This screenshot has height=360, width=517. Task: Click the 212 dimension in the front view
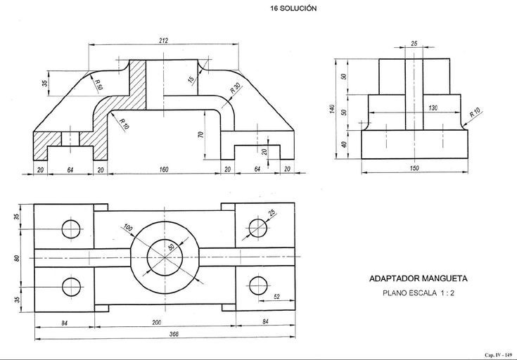[x=163, y=41]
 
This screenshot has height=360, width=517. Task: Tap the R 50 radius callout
[x=98, y=84]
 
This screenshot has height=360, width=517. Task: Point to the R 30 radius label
[x=234, y=90]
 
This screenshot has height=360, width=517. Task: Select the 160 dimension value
[x=163, y=169]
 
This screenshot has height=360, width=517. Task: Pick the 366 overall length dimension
[x=163, y=335]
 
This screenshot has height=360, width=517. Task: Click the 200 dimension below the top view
[x=163, y=323]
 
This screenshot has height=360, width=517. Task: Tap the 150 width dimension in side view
[x=415, y=169]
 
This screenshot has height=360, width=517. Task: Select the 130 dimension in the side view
[x=432, y=108]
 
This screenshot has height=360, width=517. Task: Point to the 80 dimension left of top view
[x=18, y=258]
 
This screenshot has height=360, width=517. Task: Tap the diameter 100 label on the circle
[x=127, y=229]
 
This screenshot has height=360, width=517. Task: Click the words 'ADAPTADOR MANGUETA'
[x=418, y=278]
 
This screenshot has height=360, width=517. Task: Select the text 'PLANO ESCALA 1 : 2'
[x=418, y=293]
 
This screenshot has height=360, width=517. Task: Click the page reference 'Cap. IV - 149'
[x=497, y=353]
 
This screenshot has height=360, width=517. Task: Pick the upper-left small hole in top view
[x=71, y=229]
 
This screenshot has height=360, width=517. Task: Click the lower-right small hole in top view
[x=256, y=287]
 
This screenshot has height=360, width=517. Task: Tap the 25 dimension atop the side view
[x=414, y=44]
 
